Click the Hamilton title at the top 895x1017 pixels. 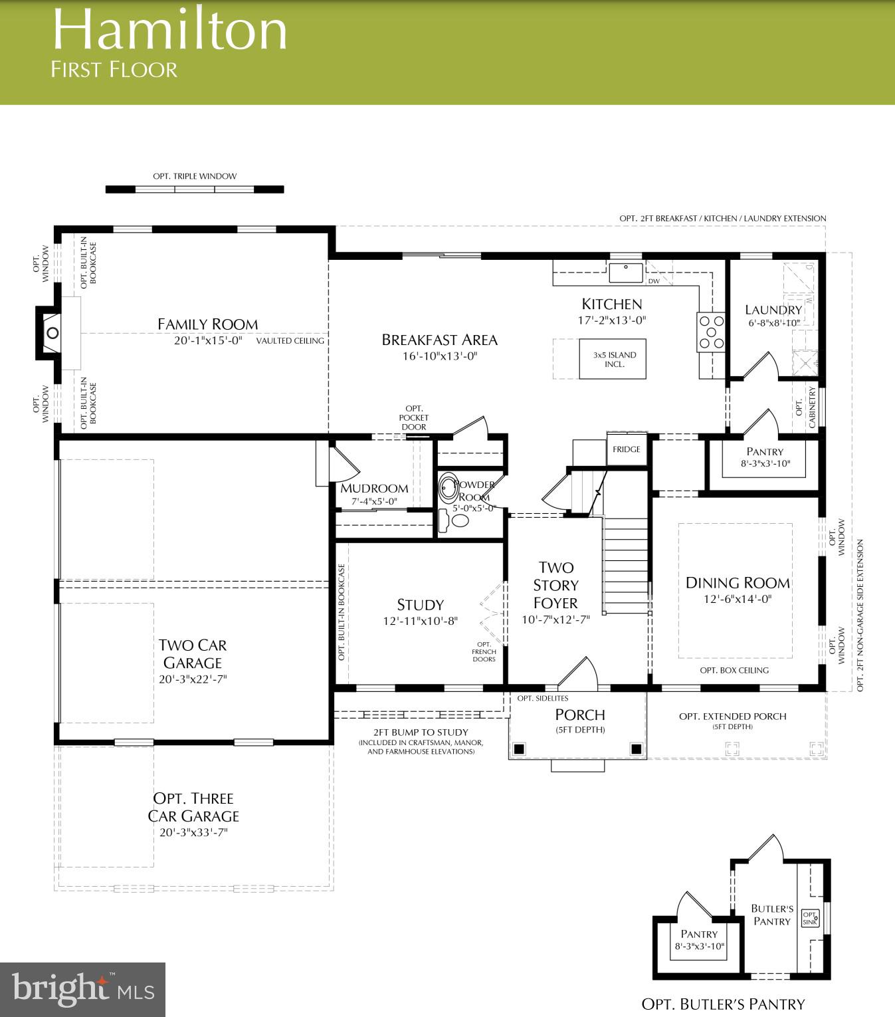[x=169, y=31]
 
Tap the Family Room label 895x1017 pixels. [x=207, y=324]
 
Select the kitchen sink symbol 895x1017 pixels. [x=626, y=273]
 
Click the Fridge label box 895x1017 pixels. [x=627, y=449]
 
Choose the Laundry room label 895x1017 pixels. [x=773, y=310]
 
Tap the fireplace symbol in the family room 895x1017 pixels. [x=52, y=333]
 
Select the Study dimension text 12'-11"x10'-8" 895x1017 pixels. [x=420, y=621]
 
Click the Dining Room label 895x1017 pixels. [x=738, y=583]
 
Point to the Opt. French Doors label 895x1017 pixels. [x=484, y=652]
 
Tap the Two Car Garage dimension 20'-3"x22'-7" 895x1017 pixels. [x=193, y=679]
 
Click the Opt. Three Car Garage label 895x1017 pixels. [x=193, y=807]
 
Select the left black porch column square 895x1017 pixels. [x=520, y=749]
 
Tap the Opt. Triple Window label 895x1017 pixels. [x=195, y=176]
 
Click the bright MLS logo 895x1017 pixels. [x=82, y=990]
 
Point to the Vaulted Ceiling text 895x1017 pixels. [x=290, y=341]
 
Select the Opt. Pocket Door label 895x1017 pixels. [x=414, y=418]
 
